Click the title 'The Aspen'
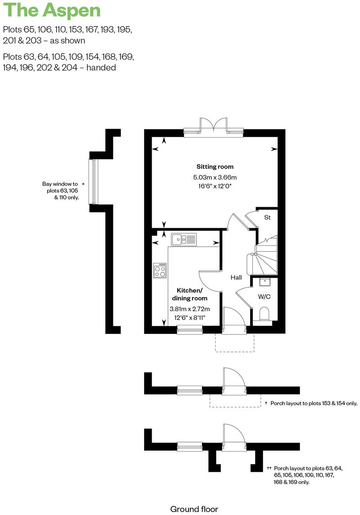[x=52, y=10]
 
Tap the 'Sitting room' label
[x=215, y=167]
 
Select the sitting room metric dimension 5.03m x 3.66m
[x=215, y=177]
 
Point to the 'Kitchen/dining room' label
[x=192, y=294]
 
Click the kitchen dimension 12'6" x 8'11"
[x=189, y=317]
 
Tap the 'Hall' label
[x=237, y=278]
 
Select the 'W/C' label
[x=264, y=297]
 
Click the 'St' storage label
[x=267, y=217]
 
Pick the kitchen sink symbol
[x=183, y=239]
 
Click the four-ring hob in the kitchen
[x=160, y=271]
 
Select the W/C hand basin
[x=264, y=282]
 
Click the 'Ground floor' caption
[x=194, y=509]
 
